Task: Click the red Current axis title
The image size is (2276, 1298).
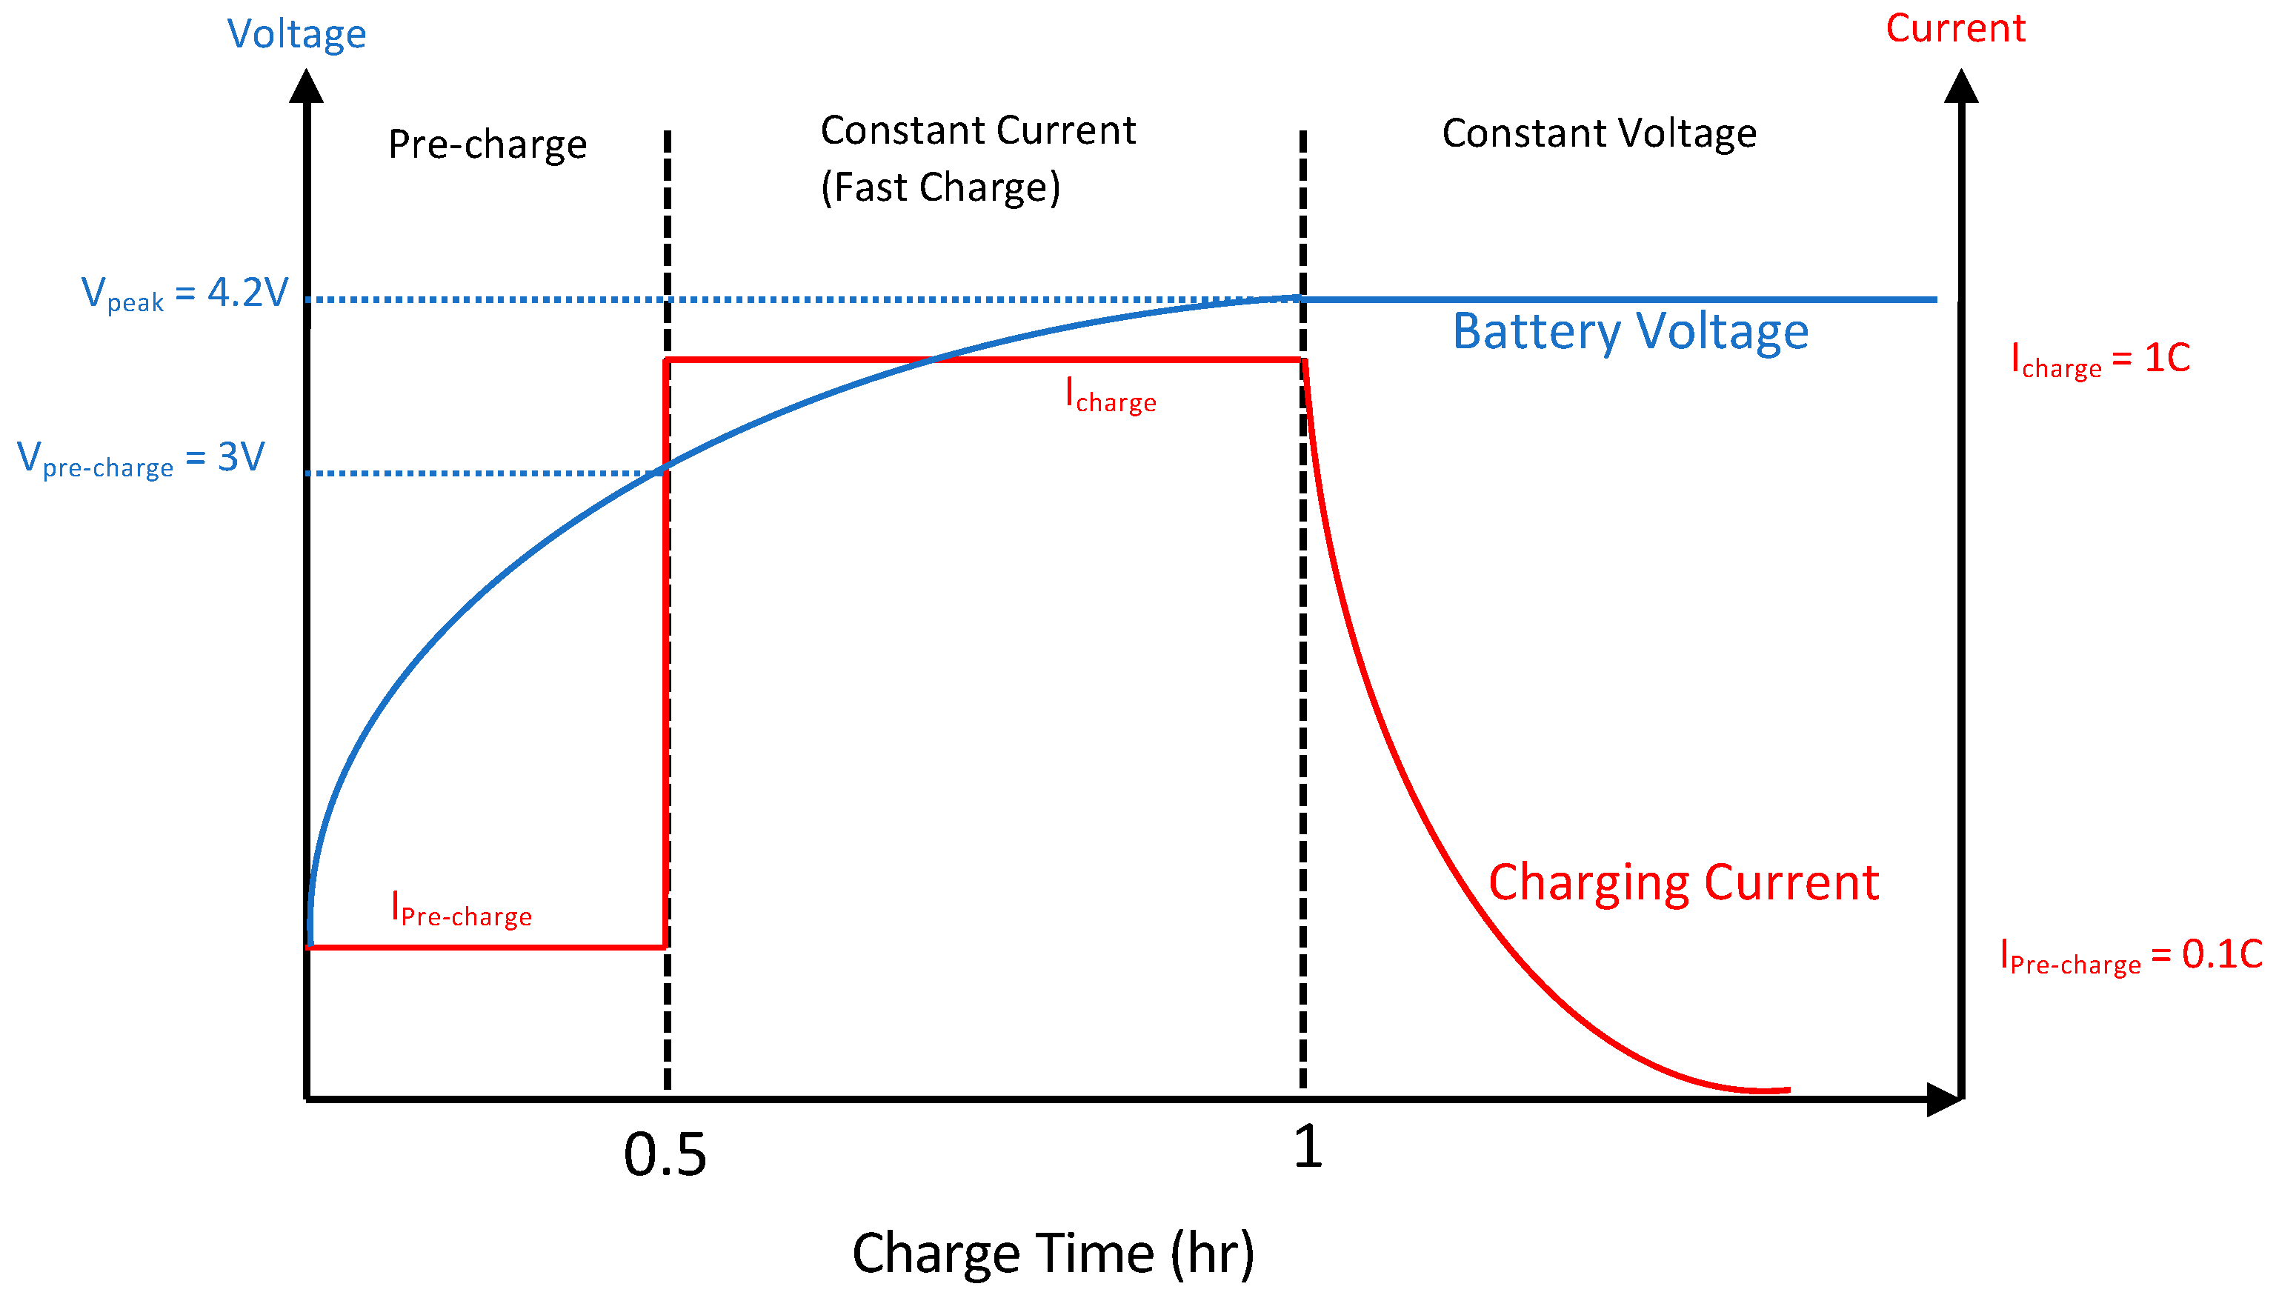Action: point(1954,30)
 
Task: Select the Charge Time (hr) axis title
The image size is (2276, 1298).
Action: point(1053,1254)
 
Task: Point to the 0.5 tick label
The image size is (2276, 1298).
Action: point(665,1154)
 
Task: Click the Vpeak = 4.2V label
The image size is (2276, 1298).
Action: point(184,293)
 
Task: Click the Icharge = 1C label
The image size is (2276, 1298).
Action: point(2100,359)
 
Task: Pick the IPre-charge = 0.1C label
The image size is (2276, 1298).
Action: point(2130,956)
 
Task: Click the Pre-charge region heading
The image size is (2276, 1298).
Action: point(487,144)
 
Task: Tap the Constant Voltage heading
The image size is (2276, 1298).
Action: point(1598,133)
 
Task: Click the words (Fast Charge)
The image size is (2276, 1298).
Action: point(939,188)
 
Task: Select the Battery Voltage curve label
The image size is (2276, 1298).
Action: point(1630,332)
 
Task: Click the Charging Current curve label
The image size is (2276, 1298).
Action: point(1683,882)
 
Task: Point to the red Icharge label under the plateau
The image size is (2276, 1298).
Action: point(1110,395)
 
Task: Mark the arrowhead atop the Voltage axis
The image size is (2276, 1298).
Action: point(307,87)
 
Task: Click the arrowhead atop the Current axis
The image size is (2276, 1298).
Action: point(1960,87)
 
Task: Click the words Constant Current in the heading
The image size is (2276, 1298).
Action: point(977,131)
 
